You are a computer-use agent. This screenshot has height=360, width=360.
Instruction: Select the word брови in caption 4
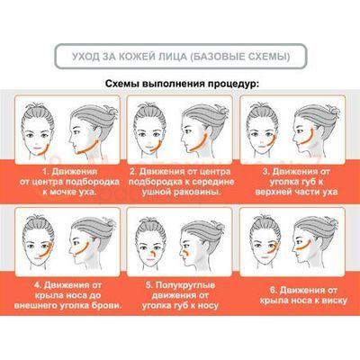(x=106, y=306)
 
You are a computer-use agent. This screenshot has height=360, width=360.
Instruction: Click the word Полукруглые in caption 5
(x=185, y=285)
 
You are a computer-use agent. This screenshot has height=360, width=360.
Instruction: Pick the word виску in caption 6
(x=334, y=301)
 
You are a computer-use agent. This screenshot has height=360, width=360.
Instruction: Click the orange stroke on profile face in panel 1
(x=87, y=148)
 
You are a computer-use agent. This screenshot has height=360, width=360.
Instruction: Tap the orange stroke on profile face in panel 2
(x=199, y=142)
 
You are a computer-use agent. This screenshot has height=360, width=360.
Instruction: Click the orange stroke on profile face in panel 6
(x=304, y=247)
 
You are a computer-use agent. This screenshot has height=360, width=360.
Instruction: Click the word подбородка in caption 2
(x=152, y=182)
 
